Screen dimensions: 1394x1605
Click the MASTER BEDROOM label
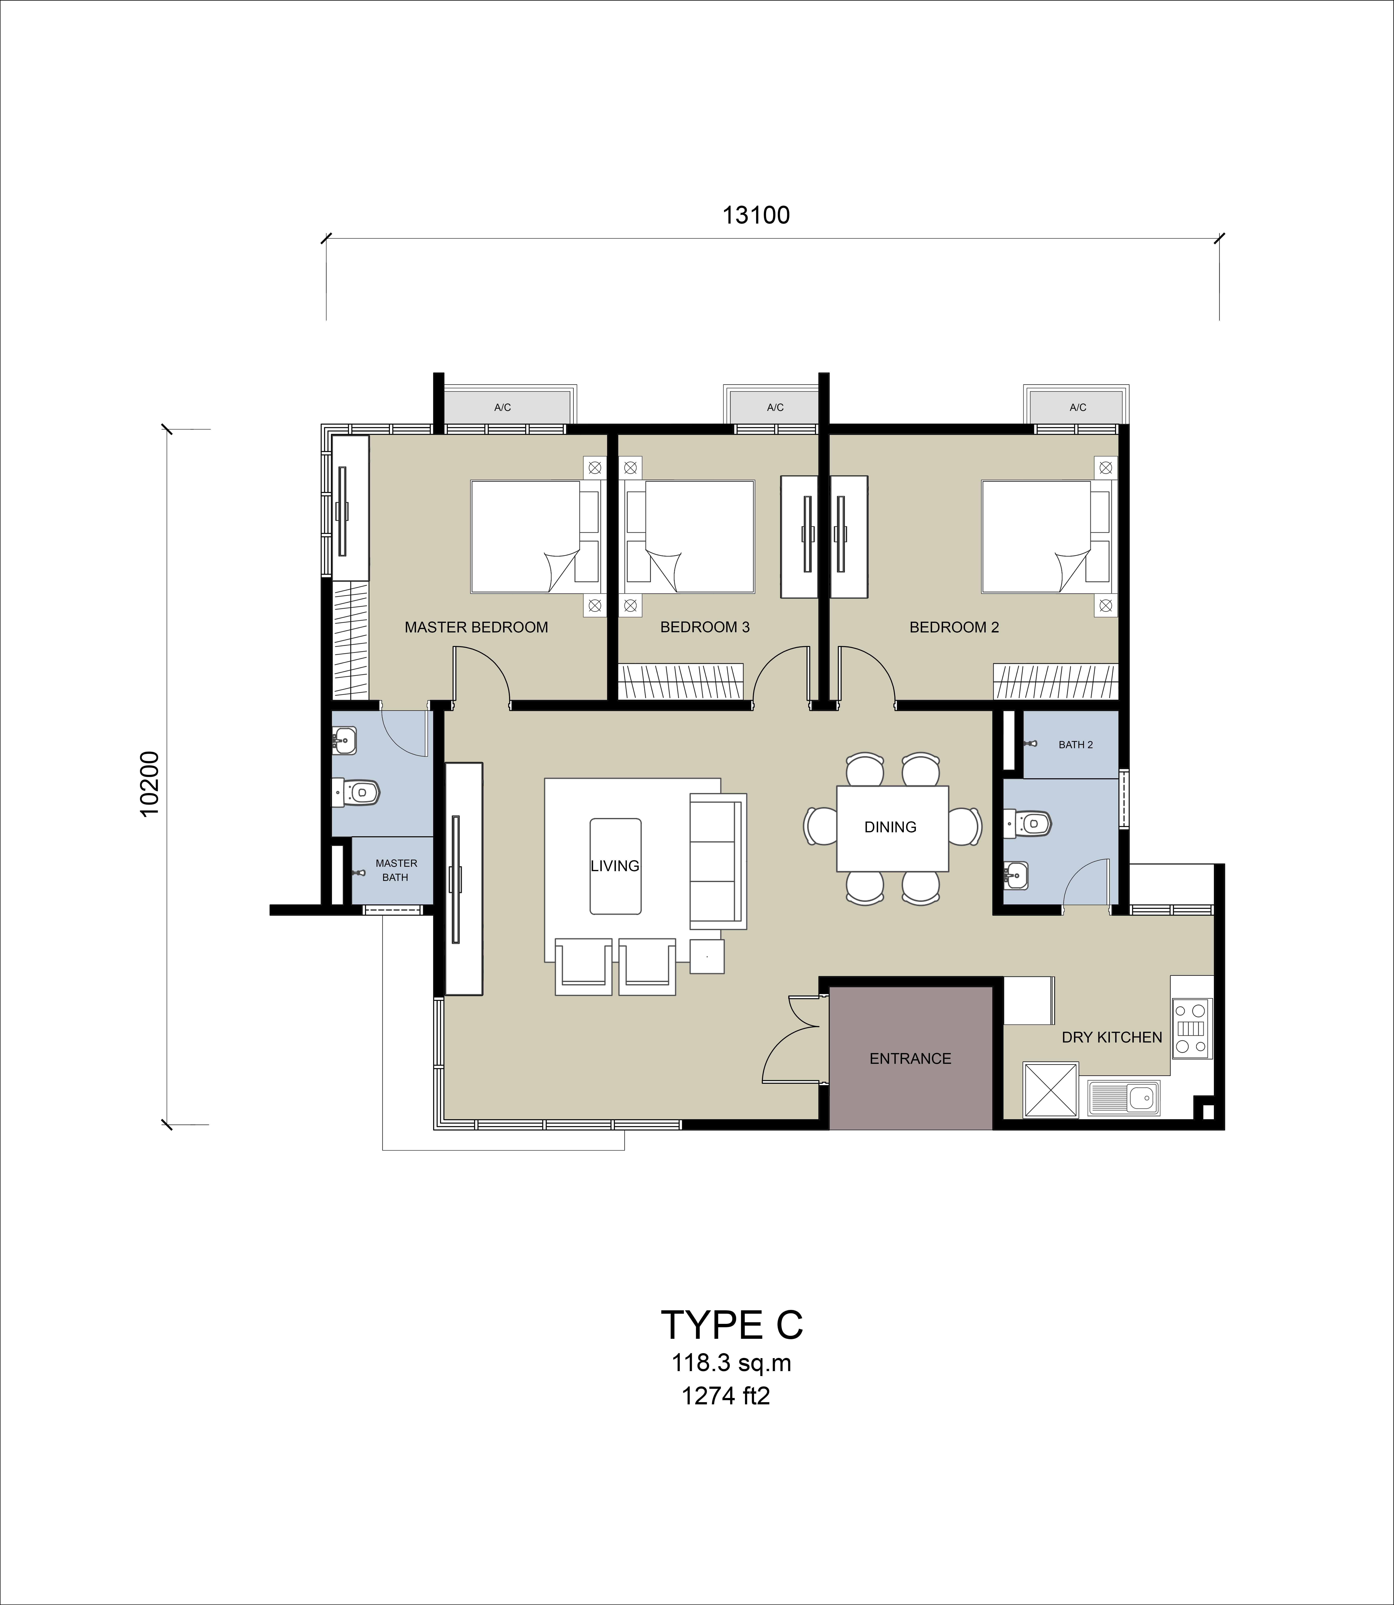click(x=476, y=627)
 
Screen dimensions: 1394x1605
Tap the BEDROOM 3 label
click(x=705, y=627)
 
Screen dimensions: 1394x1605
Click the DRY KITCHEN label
click(x=1112, y=1037)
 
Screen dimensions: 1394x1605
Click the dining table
click(x=892, y=829)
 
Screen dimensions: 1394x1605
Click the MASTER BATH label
click(x=396, y=870)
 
